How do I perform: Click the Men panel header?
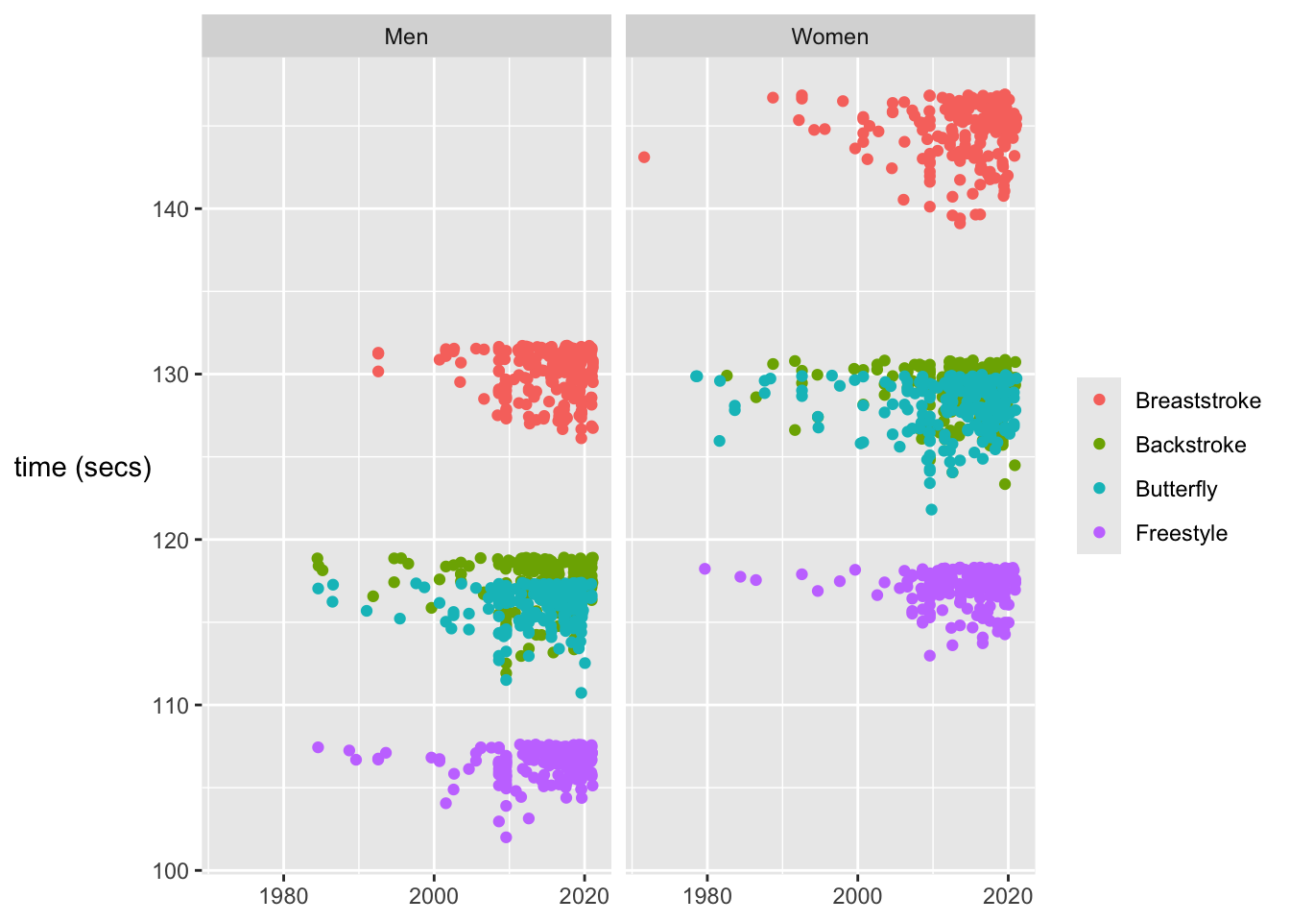(x=406, y=36)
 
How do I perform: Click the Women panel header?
(x=829, y=36)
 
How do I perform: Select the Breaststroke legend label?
(x=1198, y=400)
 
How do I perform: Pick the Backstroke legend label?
(x=1190, y=445)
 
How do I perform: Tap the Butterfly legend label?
(x=1176, y=489)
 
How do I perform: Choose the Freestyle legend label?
(x=1181, y=533)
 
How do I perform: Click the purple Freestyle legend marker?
(x=1099, y=533)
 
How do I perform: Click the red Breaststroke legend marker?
(x=1099, y=400)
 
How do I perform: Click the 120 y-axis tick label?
(x=170, y=540)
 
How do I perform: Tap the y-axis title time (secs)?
(x=84, y=468)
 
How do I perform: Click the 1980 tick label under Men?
(x=283, y=897)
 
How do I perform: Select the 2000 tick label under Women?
(x=857, y=897)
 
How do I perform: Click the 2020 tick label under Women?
(x=1008, y=897)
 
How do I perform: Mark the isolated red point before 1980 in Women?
(x=644, y=157)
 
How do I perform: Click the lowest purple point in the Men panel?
(x=506, y=837)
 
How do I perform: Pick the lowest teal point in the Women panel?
(x=931, y=509)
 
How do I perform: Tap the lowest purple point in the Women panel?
(x=929, y=656)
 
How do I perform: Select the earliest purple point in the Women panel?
(x=705, y=569)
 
